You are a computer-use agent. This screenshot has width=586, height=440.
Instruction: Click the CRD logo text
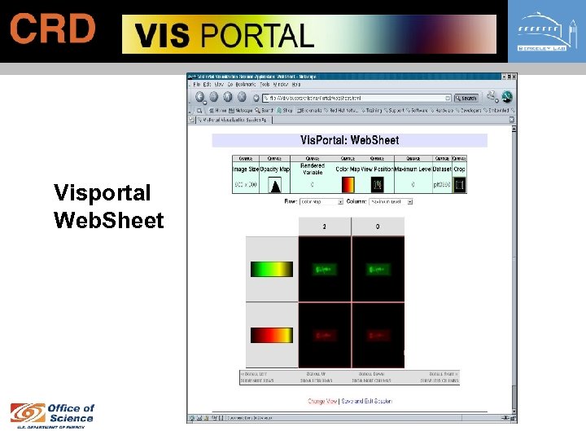[53, 30]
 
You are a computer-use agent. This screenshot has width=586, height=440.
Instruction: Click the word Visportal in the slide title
[103, 193]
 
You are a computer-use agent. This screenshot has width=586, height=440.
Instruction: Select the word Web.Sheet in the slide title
[108, 220]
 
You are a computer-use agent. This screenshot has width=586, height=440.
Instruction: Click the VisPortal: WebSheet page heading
[349, 140]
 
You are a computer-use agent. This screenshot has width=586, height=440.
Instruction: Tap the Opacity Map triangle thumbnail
[275, 185]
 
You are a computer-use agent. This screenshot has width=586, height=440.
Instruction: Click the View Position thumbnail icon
[377, 185]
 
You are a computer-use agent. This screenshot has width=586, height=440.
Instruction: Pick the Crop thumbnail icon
[459, 185]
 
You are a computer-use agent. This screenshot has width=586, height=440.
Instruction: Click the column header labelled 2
[325, 226]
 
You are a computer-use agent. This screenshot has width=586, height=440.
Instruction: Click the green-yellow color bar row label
[272, 268]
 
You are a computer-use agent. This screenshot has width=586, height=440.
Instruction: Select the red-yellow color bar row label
[272, 334]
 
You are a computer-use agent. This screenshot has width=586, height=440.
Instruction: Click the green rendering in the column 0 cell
[378, 268]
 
